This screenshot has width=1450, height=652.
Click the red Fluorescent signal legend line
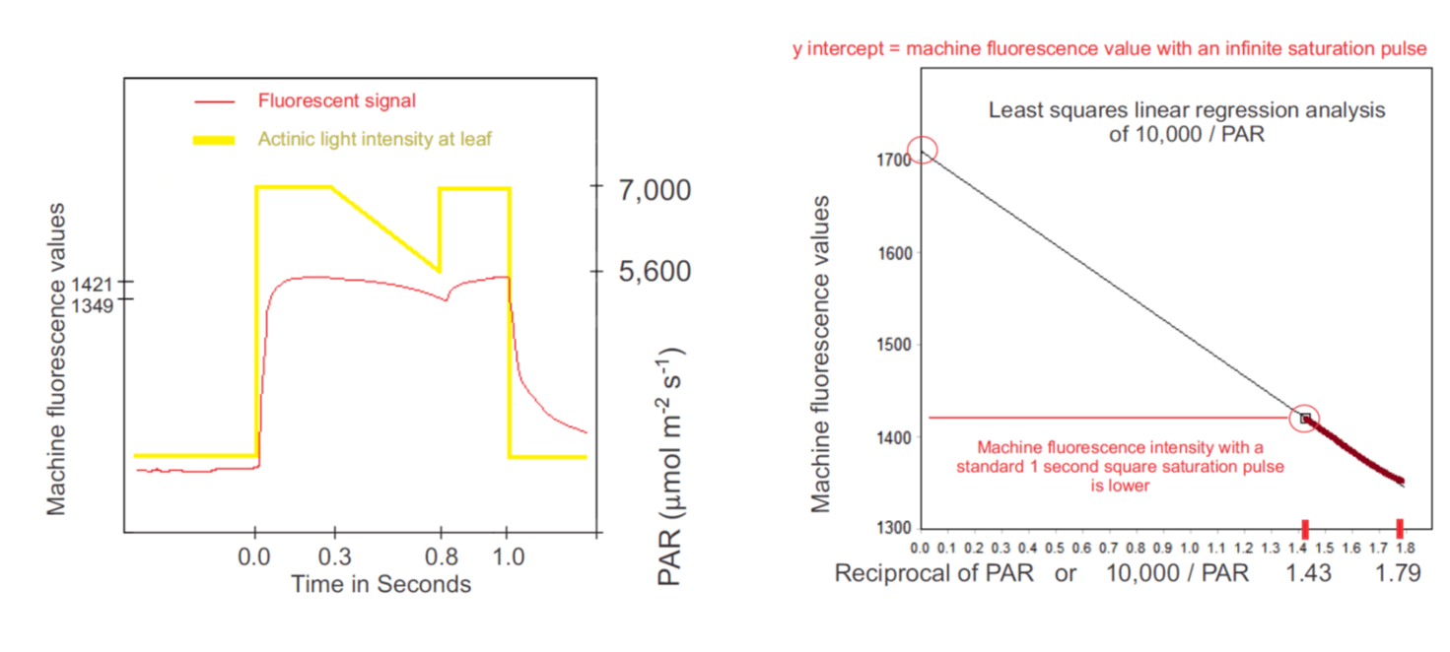click(215, 101)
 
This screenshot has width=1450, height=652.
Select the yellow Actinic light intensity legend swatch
click(214, 141)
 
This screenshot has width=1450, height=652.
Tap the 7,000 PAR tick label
click(655, 188)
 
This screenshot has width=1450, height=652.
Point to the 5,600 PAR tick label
click(655, 271)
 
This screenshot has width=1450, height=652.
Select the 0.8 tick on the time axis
click(440, 556)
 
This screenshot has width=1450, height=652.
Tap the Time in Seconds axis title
click(380, 584)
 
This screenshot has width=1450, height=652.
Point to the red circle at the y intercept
click(923, 150)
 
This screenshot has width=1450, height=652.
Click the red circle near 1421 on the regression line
click(1305, 418)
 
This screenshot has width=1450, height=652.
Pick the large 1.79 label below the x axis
click(1399, 572)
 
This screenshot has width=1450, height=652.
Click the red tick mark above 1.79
click(1400, 528)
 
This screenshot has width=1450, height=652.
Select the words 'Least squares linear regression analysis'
click(1187, 110)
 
